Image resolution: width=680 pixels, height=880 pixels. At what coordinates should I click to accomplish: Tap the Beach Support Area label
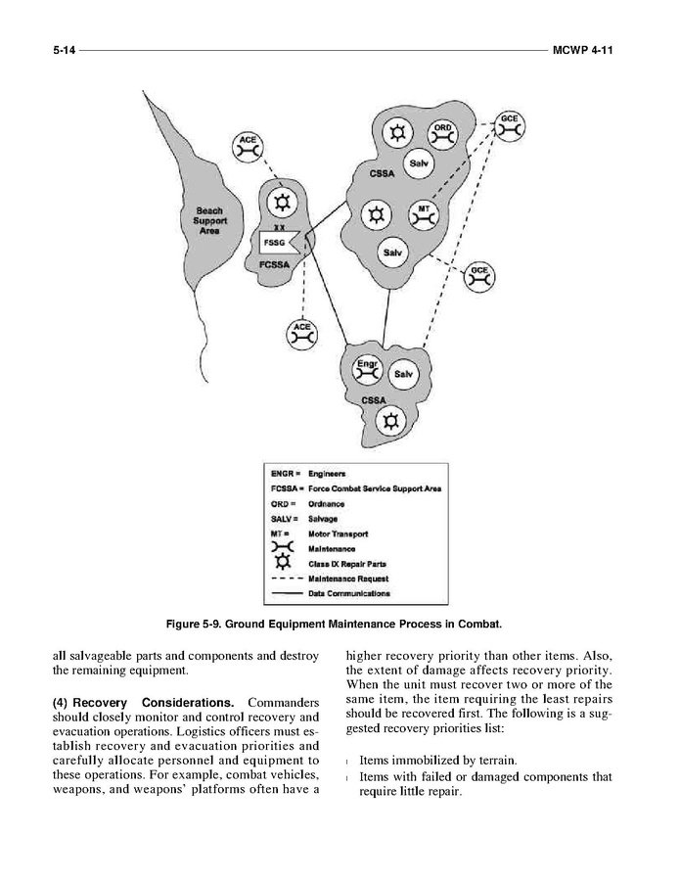209,220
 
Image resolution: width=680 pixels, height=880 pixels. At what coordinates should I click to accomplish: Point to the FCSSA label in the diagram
274,265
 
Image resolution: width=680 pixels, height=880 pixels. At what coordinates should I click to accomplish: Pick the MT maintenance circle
424,214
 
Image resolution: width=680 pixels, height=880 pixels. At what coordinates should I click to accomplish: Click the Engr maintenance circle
367,369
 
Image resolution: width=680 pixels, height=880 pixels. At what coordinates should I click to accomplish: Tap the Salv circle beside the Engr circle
403,374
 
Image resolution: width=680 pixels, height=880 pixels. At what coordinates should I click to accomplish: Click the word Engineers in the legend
329,474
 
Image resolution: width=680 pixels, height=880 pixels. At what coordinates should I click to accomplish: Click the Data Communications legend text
349,592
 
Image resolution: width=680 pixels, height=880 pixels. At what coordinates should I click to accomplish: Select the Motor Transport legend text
339,533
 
